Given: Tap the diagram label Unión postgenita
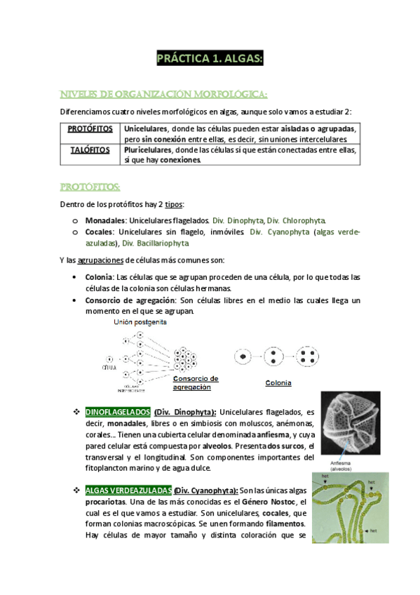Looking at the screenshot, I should point(140,322).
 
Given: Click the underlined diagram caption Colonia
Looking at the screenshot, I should point(278,383).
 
